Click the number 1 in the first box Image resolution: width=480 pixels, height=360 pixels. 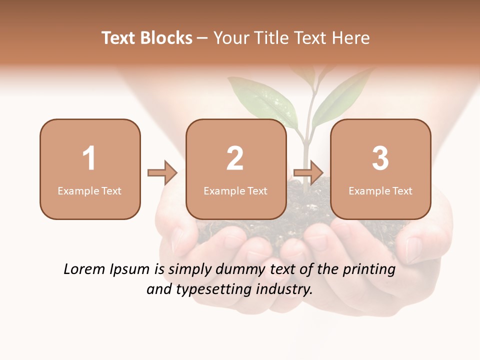pyautogui.click(x=89, y=158)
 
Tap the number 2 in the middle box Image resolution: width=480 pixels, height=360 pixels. pyautogui.click(x=235, y=158)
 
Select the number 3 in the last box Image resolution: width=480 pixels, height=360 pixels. pyautogui.click(x=380, y=158)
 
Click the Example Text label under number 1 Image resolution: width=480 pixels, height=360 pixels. pyautogui.click(x=89, y=190)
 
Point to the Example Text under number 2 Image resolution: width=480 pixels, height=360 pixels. pyautogui.click(x=235, y=190)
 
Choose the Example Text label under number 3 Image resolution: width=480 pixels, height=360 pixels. pyautogui.click(x=380, y=190)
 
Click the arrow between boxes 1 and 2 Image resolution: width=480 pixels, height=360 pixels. pyautogui.click(x=162, y=172)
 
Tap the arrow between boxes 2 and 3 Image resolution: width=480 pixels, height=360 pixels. pyautogui.click(x=308, y=172)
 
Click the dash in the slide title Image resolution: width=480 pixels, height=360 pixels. pyautogui.click(x=202, y=38)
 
